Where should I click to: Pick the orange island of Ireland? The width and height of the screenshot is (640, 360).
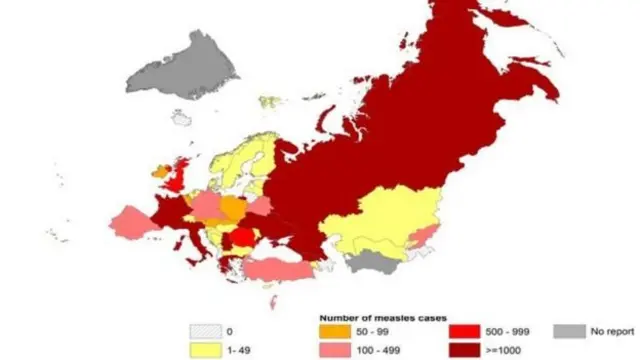tap(159, 172)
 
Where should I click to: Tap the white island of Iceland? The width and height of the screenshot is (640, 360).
tap(180, 117)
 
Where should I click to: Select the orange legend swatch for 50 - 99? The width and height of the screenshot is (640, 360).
tap(332, 332)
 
